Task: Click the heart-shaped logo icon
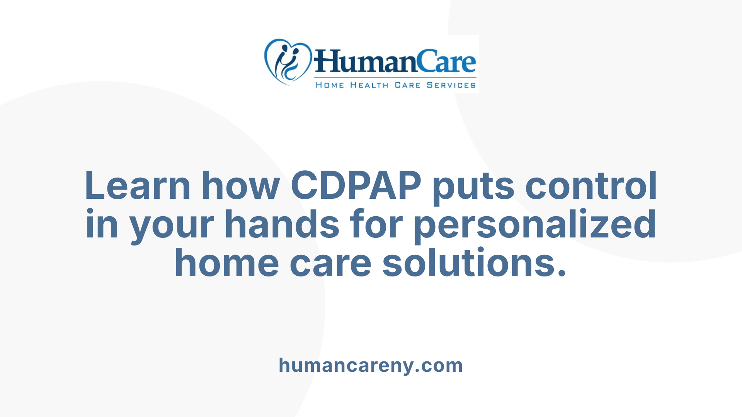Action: tap(288, 62)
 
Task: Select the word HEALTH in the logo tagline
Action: tap(369, 85)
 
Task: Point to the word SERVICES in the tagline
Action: tap(451, 85)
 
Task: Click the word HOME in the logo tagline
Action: tap(330, 85)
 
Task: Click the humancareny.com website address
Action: tap(371, 365)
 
